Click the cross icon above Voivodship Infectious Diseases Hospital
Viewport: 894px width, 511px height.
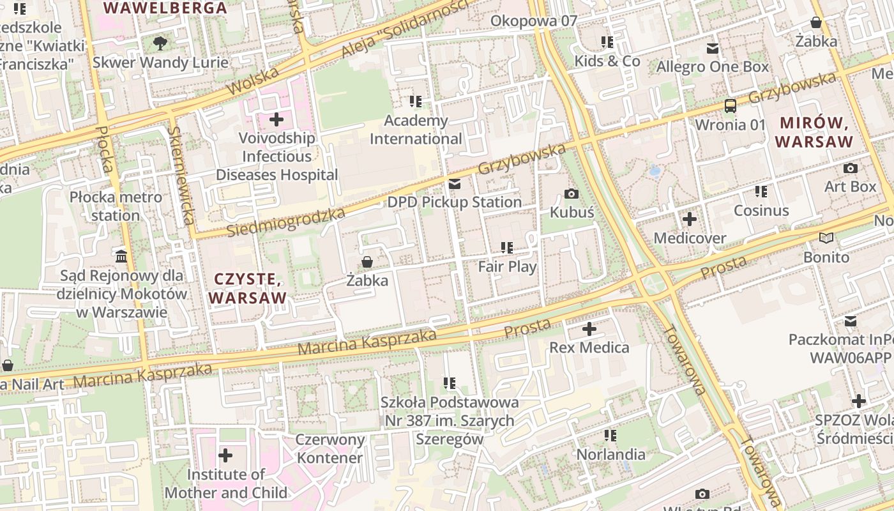tap(277, 119)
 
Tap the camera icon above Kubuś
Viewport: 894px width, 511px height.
tap(572, 194)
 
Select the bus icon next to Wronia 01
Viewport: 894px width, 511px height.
tap(730, 106)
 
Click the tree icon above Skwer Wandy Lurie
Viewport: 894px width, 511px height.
tap(160, 43)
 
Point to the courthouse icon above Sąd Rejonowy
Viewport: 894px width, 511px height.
tap(121, 257)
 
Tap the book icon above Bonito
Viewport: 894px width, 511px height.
tap(826, 238)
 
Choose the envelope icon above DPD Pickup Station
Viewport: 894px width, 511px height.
tap(455, 184)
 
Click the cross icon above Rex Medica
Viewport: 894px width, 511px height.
tap(589, 330)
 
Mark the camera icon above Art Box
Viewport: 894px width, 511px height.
tap(851, 168)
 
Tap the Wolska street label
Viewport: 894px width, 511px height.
tap(253, 80)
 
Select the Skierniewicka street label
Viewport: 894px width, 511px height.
tap(181, 176)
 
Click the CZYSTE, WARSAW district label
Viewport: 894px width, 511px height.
tap(247, 288)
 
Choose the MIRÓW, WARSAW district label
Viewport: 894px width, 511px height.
tap(814, 132)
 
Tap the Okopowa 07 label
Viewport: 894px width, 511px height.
tap(533, 21)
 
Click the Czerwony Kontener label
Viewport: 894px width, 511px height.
tap(330, 448)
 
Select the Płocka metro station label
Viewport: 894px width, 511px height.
tap(116, 206)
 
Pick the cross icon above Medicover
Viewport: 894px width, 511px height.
tap(690, 220)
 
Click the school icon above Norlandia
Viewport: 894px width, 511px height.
tap(610, 436)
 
